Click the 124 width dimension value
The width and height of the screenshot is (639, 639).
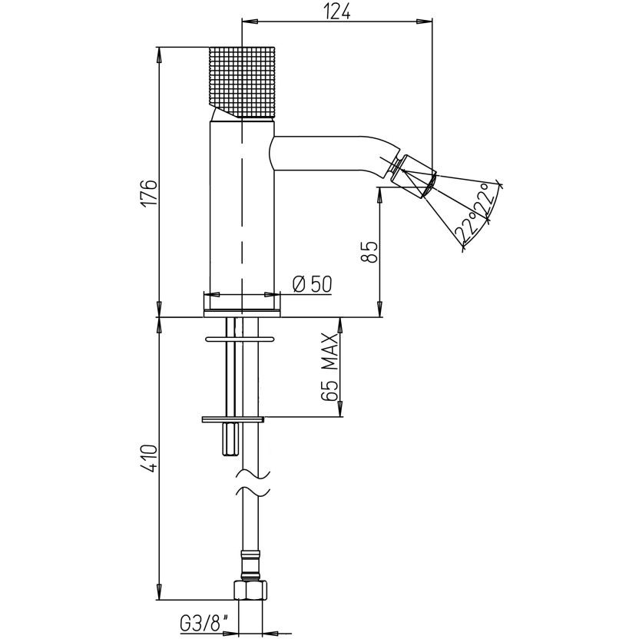pos(337,12)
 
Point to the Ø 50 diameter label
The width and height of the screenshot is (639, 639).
pos(312,284)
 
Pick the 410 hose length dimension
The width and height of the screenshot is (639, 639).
pos(150,459)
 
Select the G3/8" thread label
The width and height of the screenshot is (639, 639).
pos(204,624)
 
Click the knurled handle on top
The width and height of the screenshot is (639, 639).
pos(243,83)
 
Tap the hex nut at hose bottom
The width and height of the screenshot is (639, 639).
pos(250,589)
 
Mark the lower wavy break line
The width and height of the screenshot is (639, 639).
pos(253,492)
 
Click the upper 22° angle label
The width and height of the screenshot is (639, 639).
pos(488,200)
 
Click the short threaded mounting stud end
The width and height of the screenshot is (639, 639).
pos(230,440)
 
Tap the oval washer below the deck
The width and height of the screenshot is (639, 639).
pos(240,339)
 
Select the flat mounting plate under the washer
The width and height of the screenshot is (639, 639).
pos(233,419)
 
